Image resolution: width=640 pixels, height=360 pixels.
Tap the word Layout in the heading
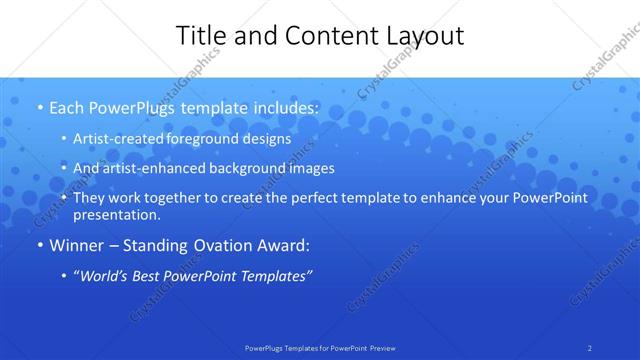point(422,36)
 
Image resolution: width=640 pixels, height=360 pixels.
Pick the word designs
point(265,139)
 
